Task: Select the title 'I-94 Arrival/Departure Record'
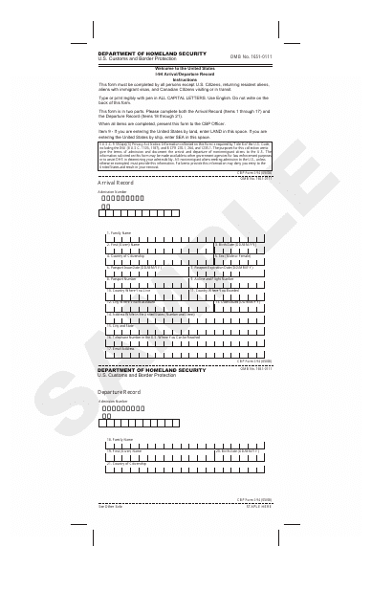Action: (x=186, y=74)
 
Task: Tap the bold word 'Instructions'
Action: (x=186, y=78)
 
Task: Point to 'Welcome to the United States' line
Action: (x=186, y=69)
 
